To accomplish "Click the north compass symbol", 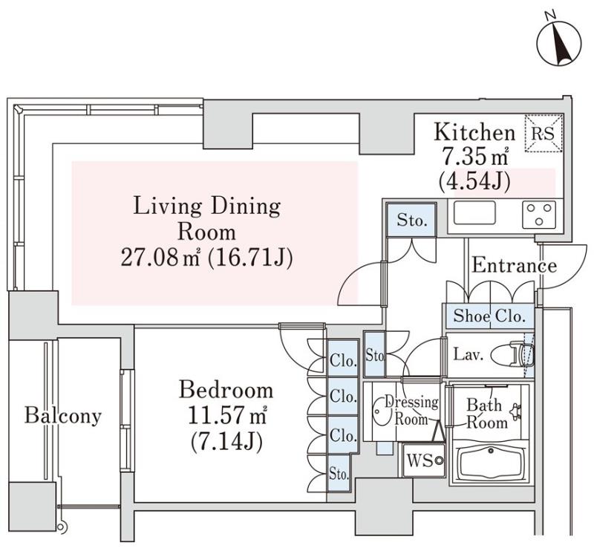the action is pos(558,43).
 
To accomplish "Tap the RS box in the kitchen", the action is pos(544,134).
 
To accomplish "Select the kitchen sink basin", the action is pos(474,213).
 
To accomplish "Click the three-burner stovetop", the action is pos(539,215).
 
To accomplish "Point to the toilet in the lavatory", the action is pos(513,355).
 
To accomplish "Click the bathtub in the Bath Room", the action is pos(491,463).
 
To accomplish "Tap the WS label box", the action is pos(423,460).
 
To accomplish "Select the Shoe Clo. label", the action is pos(489,316).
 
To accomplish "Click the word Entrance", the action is pos(514,265).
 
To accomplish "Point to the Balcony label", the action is pos(63,416).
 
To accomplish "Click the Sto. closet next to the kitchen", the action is pos(412,220).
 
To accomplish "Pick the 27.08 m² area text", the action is pos(160,258).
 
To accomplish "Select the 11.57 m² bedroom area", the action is pos(227,416).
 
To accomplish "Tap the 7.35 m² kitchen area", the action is pos(475,157).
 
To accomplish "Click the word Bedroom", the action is pos(226,390).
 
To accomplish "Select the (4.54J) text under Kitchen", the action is pos(474,181).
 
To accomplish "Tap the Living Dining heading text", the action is pos(207,206).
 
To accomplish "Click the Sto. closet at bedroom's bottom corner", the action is pos(339,474).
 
